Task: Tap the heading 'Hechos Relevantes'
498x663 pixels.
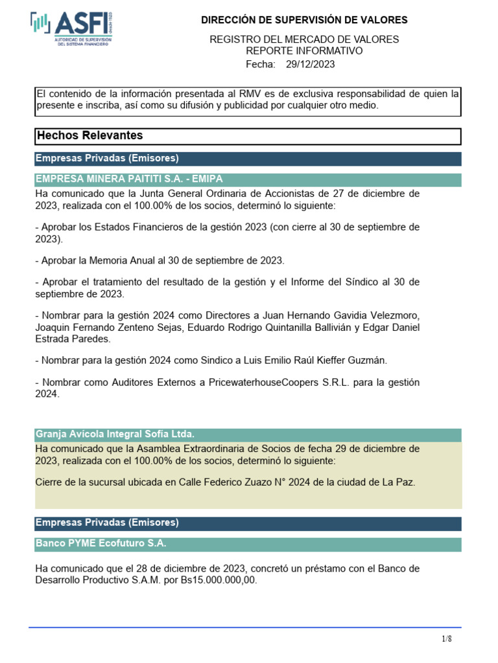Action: click(90, 136)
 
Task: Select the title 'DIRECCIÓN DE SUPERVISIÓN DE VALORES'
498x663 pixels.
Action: click(304, 21)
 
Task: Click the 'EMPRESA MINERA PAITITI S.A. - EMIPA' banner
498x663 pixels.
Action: click(129, 179)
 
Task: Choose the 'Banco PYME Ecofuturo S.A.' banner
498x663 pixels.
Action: click(105, 543)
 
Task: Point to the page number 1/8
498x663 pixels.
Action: click(447, 639)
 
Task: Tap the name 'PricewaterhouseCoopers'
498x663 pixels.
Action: click(264, 383)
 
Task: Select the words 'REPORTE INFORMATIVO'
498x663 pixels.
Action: click(304, 51)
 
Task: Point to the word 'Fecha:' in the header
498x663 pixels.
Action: click(261, 64)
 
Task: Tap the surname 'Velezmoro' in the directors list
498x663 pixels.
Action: click(395, 315)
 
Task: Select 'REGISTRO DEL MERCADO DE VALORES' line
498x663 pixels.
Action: click(304, 39)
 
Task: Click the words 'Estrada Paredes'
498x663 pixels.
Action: click(73, 339)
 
